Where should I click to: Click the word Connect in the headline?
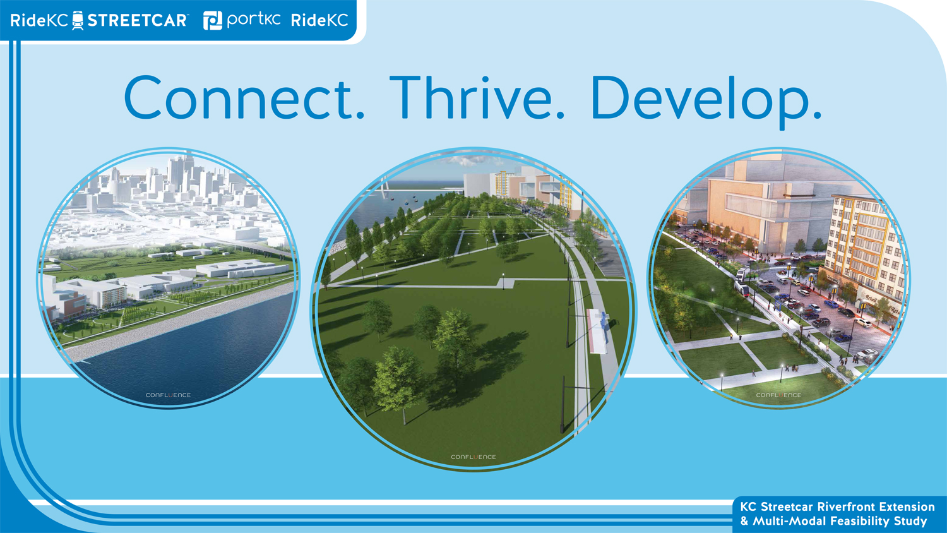click(244, 98)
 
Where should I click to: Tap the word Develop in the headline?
click(706, 102)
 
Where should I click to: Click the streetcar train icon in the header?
click(78, 20)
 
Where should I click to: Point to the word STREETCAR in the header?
click(138, 20)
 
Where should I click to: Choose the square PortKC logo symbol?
click(213, 20)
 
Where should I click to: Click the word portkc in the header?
click(254, 20)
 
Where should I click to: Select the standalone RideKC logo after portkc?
click(319, 20)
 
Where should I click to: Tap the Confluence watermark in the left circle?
click(169, 395)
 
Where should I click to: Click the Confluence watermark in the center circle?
click(473, 457)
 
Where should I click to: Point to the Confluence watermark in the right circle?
click(778, 395)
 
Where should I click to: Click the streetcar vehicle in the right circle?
click(743, 284)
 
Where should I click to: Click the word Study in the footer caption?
click(914, 521)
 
